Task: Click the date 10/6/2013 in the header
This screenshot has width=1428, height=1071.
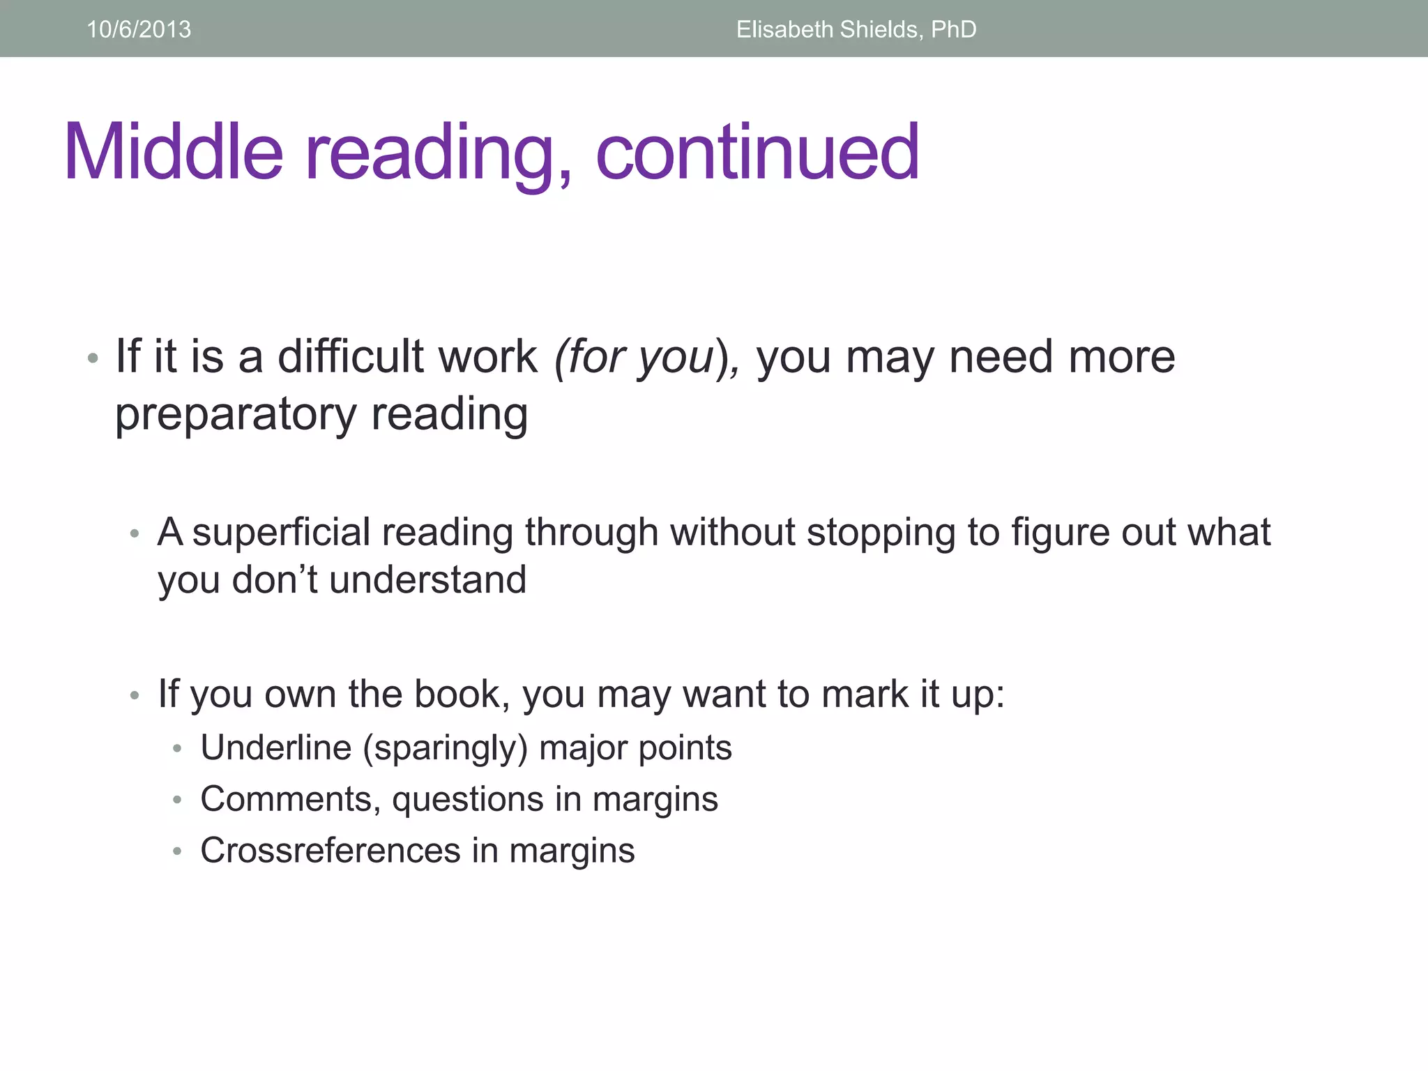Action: [139, 29]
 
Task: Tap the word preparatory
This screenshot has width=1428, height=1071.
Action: [236, 416]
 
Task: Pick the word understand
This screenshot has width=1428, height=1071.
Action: [427, 580]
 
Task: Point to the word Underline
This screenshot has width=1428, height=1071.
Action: [276, 747]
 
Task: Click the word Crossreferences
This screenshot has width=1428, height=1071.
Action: [331, 851]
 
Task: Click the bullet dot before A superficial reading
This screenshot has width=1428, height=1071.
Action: [135, 535]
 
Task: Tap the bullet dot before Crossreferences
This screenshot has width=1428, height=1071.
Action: [178, 852]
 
